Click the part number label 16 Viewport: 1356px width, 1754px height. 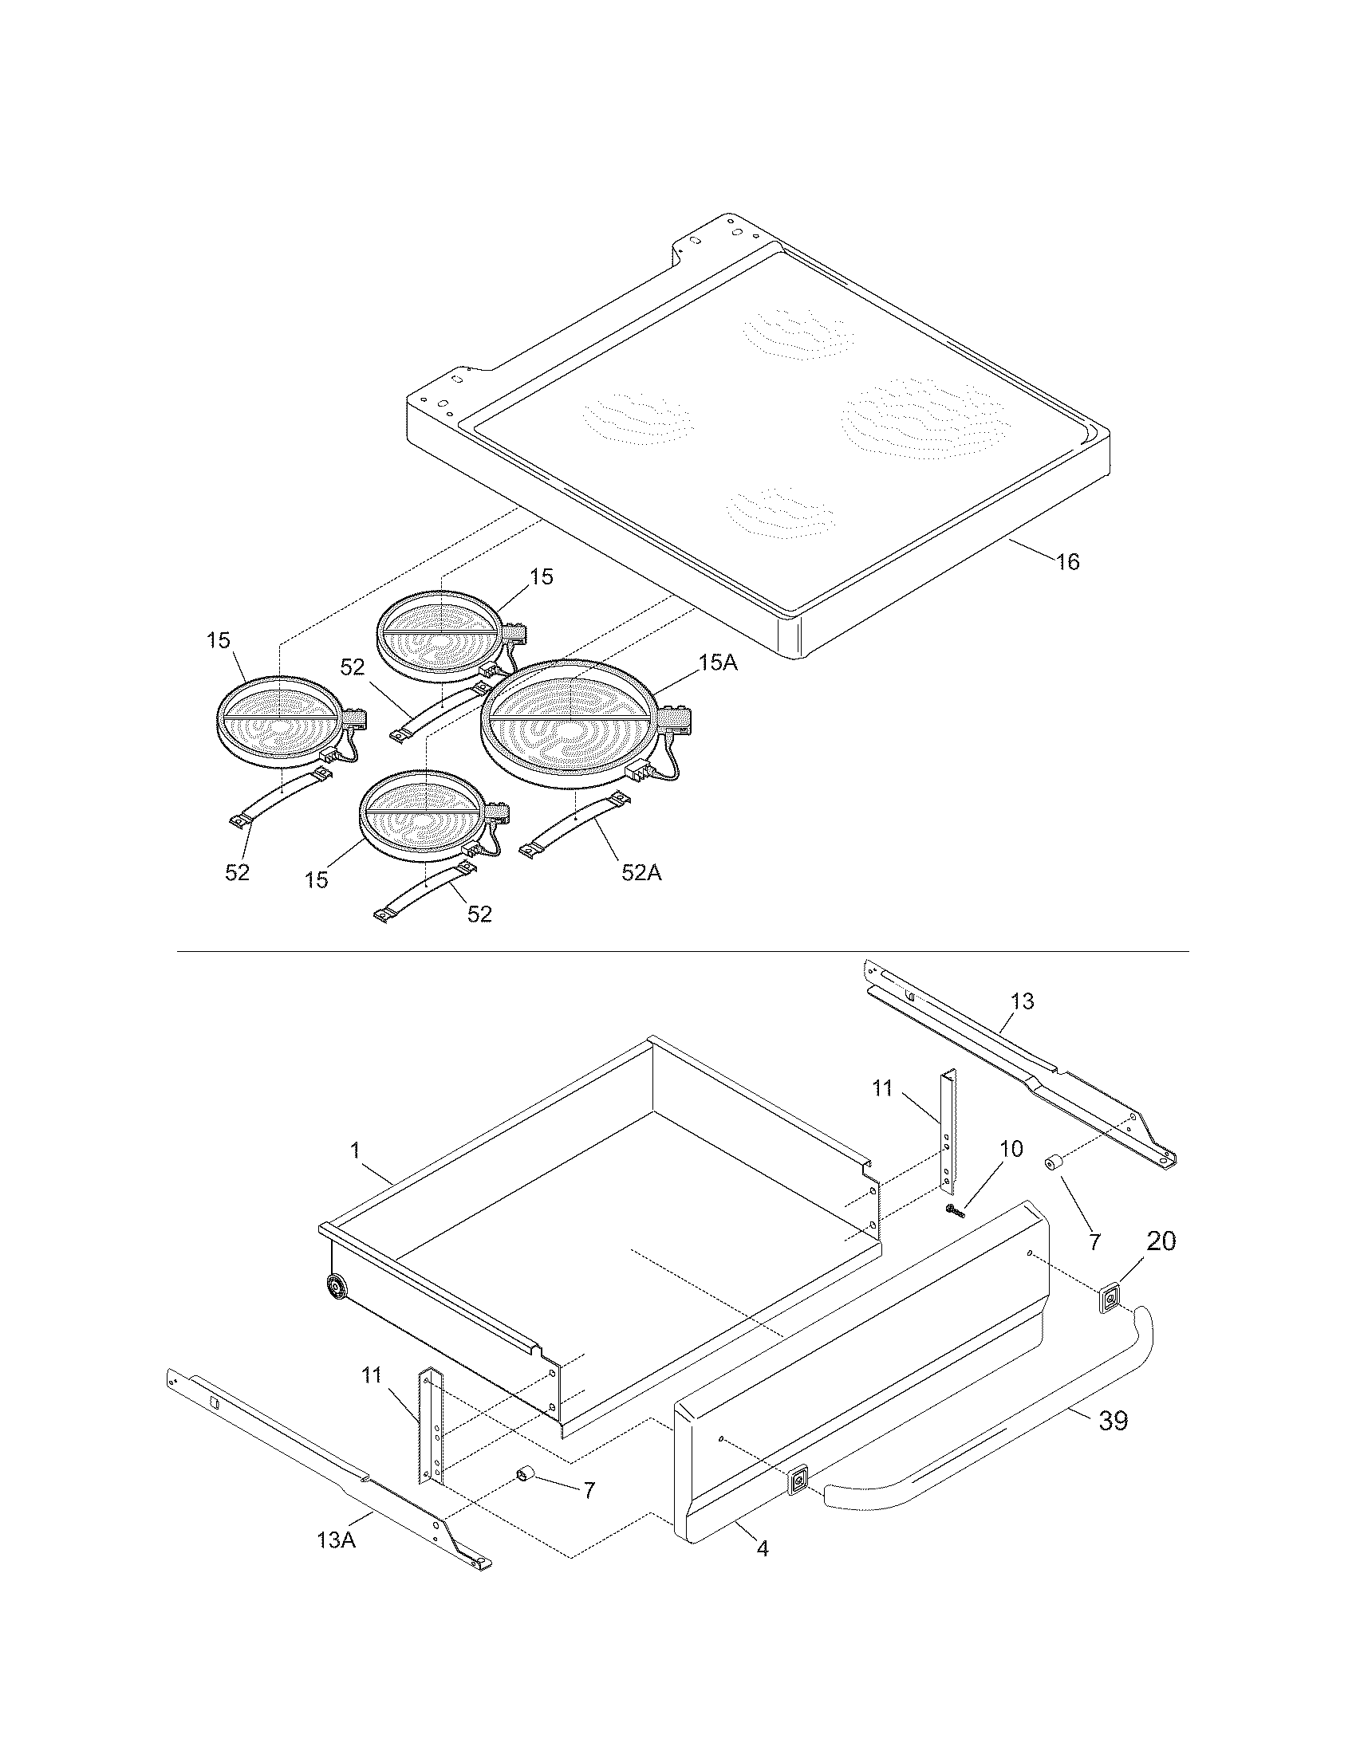pyautogui.click(x=1067, y=562)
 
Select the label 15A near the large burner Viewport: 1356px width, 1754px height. pyautogui.click(x=717, y=663)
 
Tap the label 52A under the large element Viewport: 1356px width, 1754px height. pyautogui.click(x=641, y=873)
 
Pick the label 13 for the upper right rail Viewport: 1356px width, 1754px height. pyautogui.click(x=1022, y=1001)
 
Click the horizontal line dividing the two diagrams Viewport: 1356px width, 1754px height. pyautogui.click(x=683, y=952)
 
